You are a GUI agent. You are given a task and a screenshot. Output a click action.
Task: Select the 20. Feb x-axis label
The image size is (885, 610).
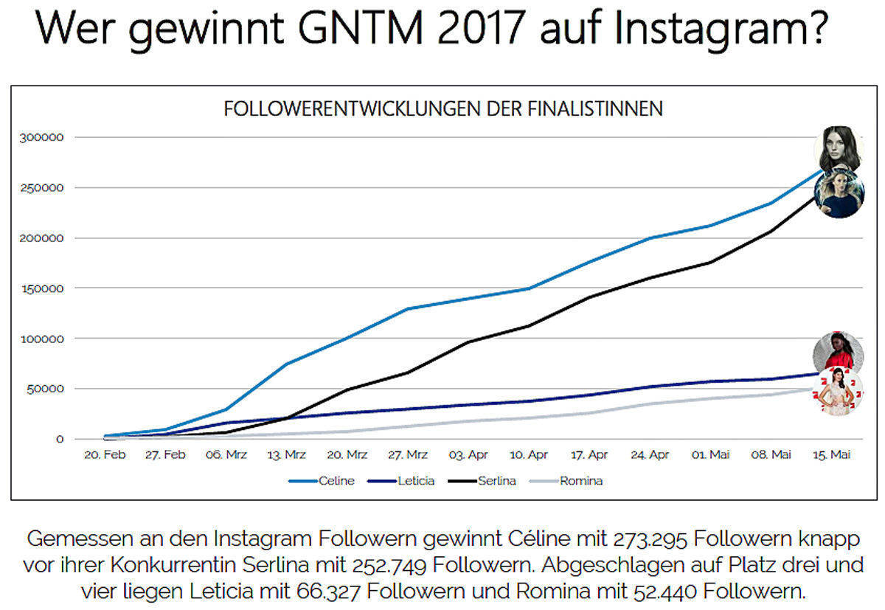pyautogui.click(x=105, y=455)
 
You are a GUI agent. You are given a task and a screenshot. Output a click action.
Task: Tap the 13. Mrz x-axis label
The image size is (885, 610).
pyautogui.click(x=287, y=455)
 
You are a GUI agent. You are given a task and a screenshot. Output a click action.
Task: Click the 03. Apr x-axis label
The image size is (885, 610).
pyautogui.click(x=468, y=455)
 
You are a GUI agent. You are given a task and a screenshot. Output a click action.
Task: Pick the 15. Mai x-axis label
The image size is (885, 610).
pyautogui.click(x=831, y=455)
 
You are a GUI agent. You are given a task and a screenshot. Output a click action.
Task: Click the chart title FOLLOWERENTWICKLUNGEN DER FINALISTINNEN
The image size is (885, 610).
pyautogui.click(x=443, y=109)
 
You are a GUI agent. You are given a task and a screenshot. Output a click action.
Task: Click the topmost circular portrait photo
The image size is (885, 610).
pyautogui.click(x=839, y=148)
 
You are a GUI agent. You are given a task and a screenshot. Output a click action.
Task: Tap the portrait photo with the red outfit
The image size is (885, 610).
pyautogui.click(x=838, y=353)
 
